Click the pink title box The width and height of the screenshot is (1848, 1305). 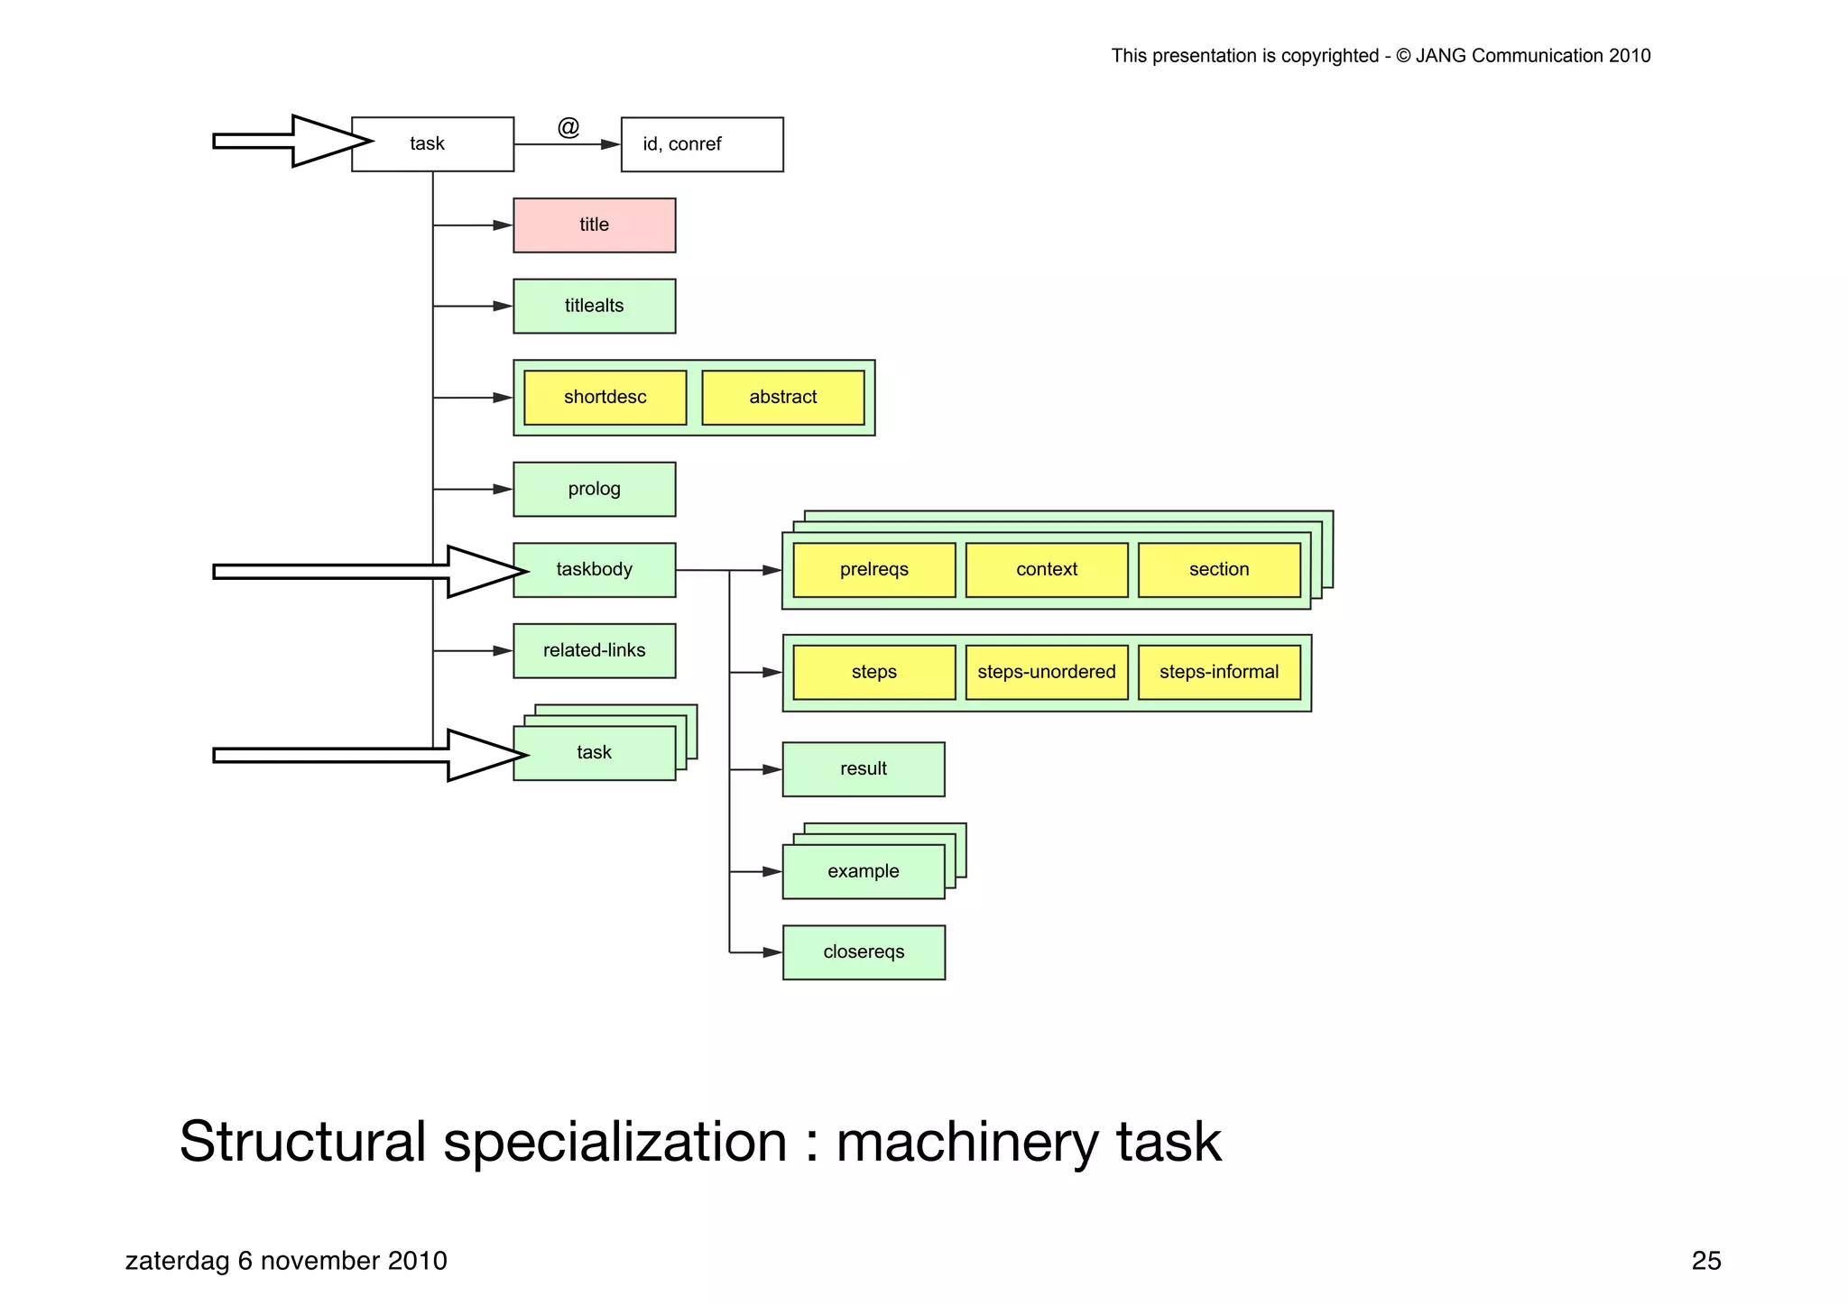tap(594, 225)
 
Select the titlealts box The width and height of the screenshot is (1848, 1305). tap(594, 306)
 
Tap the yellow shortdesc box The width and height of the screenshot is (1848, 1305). tap(605, 398)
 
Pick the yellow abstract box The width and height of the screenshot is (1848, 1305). tap(782, 398)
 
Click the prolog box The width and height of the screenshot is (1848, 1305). tap(594, 489)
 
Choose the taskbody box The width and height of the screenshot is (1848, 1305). tap(594, 570)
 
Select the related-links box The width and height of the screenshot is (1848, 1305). tap(594, 650)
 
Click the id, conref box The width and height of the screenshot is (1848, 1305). tap(701, 144)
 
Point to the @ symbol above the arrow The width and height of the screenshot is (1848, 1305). tap(568, 127)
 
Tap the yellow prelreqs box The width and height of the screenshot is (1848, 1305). tap(873, 570)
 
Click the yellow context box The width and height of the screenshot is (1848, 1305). tap(1046, 570)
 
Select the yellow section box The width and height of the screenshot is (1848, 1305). tap(1218, 570)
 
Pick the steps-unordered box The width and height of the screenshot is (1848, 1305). tap(1046, 672)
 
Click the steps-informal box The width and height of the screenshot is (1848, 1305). tap(1218, 672)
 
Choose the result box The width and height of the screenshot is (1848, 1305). tap(863, 769)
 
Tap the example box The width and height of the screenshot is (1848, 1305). tap(863, 871)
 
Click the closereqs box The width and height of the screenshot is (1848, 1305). tap(863, 952)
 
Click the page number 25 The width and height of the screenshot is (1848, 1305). tap(1705, 1261)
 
